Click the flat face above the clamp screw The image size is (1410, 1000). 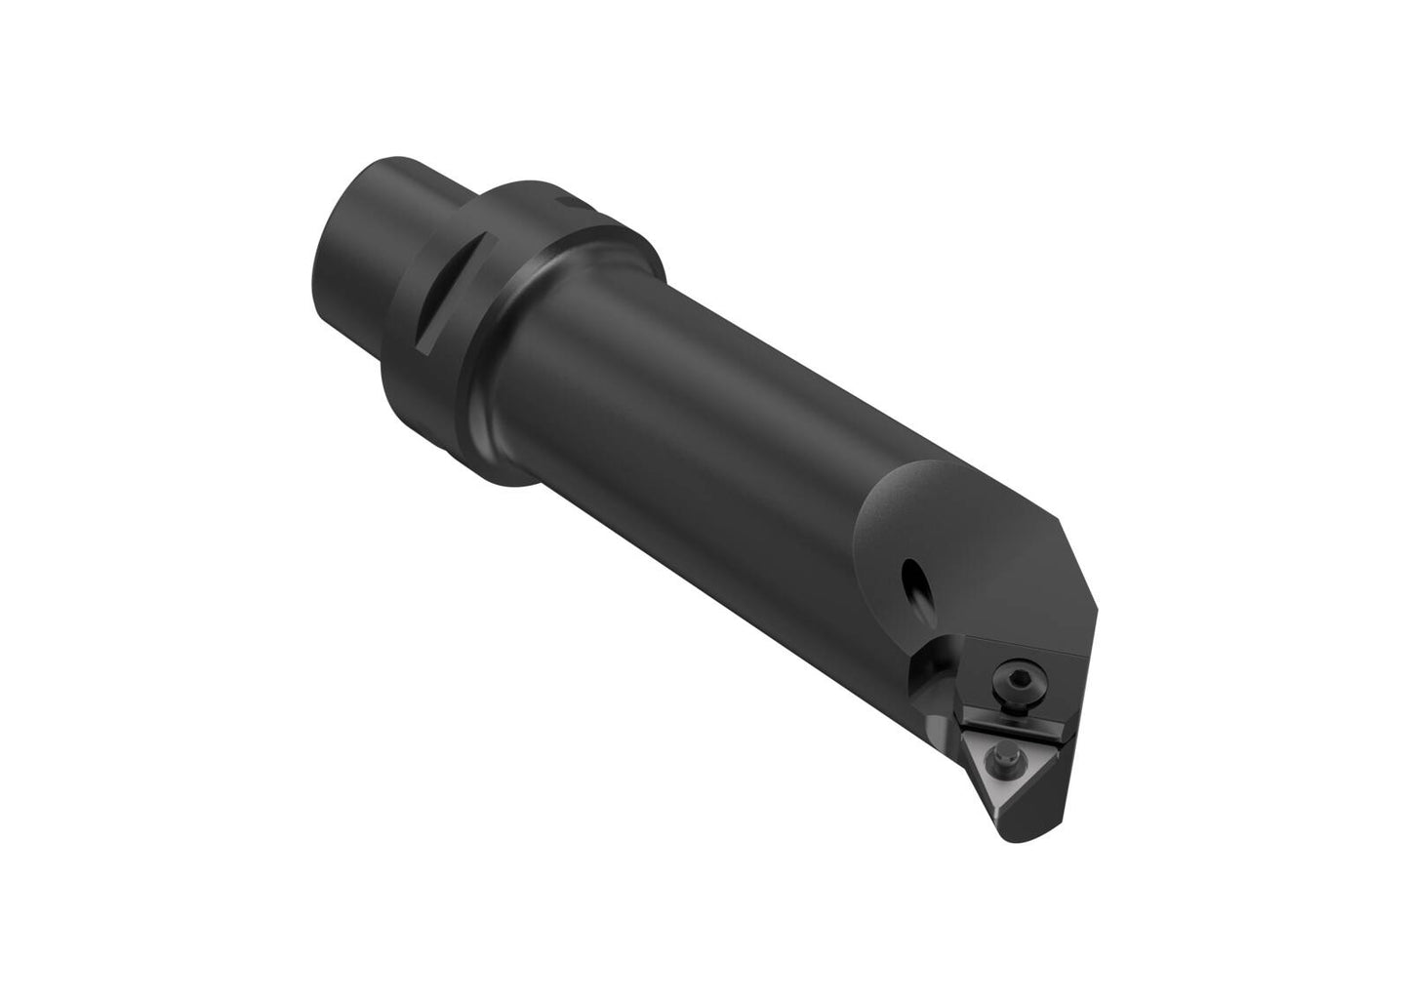(x=1025, y=649)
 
